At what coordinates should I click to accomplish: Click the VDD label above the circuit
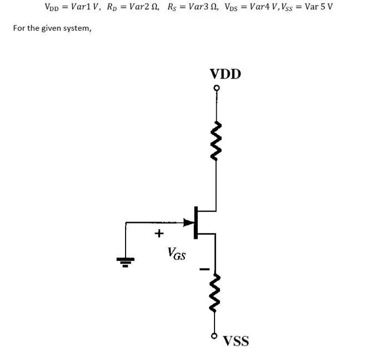tap(225, 74)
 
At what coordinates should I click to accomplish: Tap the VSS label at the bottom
tap(236, 341)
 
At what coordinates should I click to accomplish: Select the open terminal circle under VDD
tap(216, 88)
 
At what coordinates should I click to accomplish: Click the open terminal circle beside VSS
tap(214, 337)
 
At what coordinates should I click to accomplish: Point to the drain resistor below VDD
tap(216, 139)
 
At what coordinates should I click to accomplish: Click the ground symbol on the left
tap(126, 260)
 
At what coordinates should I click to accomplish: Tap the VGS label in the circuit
tap(177, 255)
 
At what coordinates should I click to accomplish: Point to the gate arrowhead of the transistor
tap(189, 223)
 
